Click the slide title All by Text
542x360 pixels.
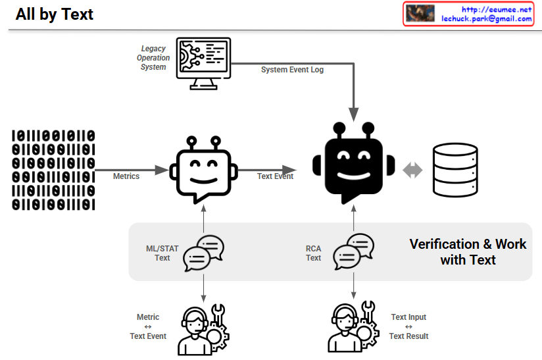click(x=55, y=14)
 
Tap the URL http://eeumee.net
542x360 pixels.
click(x=496, y=9)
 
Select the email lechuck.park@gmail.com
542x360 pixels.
click(x=487, y=19)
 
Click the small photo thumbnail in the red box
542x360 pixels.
click(x=421, y=14)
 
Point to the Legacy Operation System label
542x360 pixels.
click(x=153, y=58)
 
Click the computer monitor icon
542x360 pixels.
click(x=204, y=63)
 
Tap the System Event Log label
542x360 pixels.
click(x=292, y=70)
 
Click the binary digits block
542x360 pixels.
click(x=53, y=170)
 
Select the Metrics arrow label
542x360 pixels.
click(x=126, y=176)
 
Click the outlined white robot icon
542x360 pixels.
click(x=204, y=170)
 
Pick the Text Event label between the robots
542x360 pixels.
click(x=275, y=176)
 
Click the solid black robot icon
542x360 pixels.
click(x=354, y=163)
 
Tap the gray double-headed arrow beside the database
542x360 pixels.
click(x=412, y=170)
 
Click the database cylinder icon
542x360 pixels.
click(x=455, y=170)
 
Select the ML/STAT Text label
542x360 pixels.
click(x=162, y=253)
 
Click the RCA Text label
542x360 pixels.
click(x=314, y=253)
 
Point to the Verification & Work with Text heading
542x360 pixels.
click(x=468, y=252)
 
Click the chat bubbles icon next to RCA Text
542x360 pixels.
click(x=353, y=253)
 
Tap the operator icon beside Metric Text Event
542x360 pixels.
click(x=203, y=329)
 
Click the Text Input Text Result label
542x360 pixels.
click(x=408, y=327)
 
